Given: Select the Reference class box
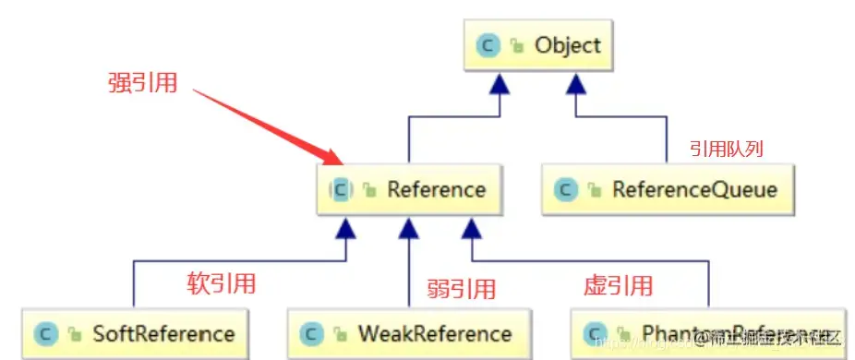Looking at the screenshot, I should (407, 190).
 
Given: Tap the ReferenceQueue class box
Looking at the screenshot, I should (666, 190).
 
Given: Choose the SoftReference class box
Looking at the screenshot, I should (135, 333).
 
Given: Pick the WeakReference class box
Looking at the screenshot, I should (407, 333).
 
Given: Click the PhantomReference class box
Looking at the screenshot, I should (708, 333).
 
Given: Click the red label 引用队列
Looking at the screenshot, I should (727, 148).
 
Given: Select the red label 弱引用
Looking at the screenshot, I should (462, 288).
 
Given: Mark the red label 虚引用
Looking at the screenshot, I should (618, 284).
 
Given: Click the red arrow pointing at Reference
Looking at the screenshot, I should (268, 124).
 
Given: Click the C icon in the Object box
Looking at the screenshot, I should (488, 45).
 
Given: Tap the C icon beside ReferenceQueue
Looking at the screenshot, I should (565, 190).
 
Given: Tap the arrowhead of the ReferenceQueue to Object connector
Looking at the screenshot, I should (577, 85).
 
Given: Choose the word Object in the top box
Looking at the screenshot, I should (567, 45).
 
